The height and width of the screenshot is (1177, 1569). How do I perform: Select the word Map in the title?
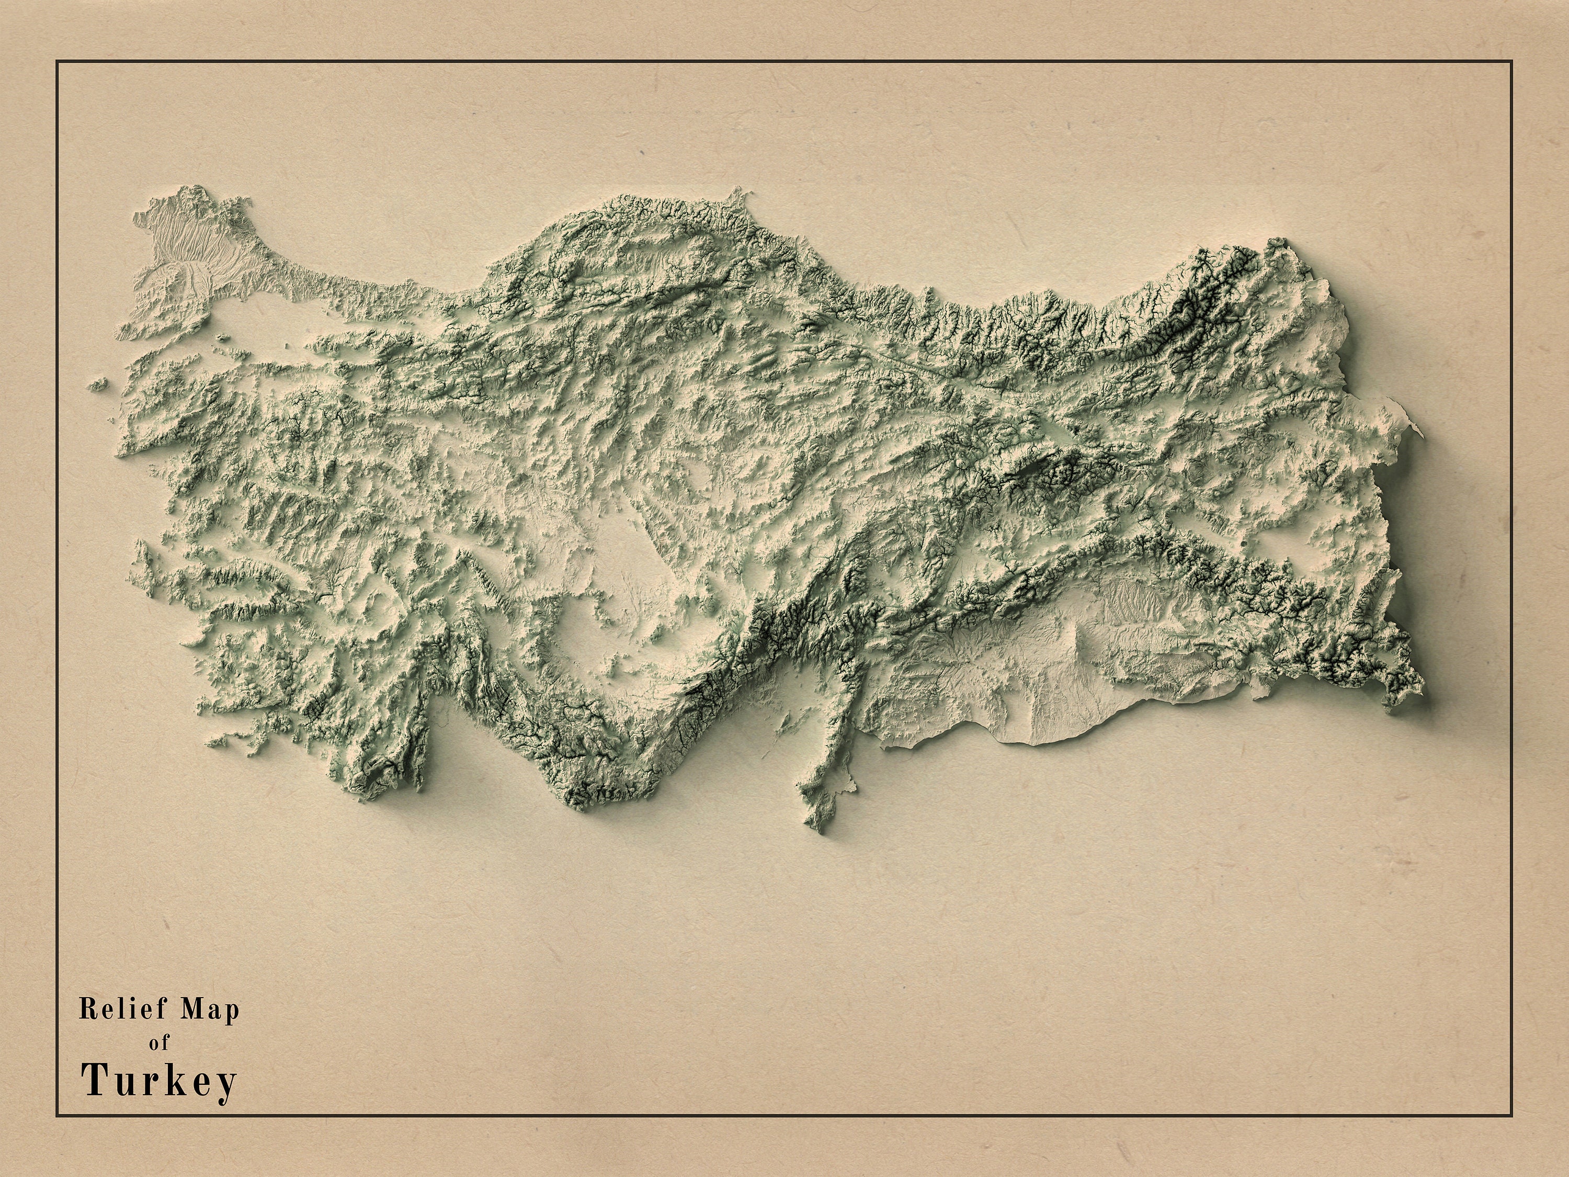(211, 1010)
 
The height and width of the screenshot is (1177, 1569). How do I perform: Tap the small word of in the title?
(160, 1044)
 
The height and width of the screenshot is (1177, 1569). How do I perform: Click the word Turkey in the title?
(159, 1082)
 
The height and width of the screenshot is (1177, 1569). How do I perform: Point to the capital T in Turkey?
(94, 1081)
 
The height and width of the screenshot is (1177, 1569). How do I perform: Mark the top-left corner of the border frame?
(58, 62)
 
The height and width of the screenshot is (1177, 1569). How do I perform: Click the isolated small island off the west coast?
(99, 384)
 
